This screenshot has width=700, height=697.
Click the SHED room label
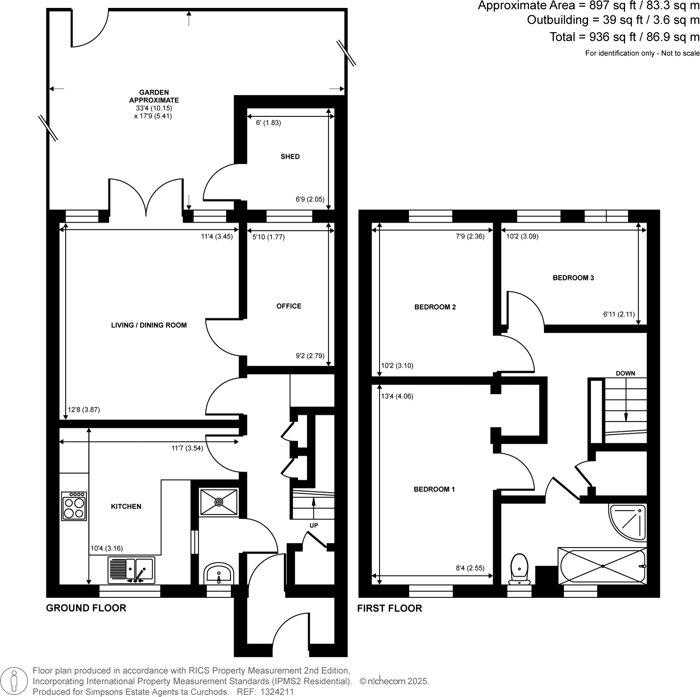(x=290, y=156)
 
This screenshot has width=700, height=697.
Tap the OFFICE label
(x=289, y=306)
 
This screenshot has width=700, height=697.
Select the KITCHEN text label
(x=126, y=507)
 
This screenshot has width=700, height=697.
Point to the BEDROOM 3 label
(x=573, y=278)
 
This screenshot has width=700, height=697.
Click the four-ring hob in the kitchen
(x=74, y=506)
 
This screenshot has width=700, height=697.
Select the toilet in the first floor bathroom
(x=519, y=568)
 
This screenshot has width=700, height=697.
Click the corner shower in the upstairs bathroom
(x=629, y=522)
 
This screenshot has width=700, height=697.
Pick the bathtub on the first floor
(x=602, y=566)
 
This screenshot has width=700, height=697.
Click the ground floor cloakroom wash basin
(x=219, y=573)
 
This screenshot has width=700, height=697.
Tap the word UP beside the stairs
(x=313, y=526)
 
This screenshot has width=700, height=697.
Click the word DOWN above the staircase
(x=625, y=374)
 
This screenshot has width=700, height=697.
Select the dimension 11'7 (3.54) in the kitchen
(x=187, y=449)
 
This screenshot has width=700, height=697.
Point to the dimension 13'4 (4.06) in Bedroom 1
(x=397, y=396)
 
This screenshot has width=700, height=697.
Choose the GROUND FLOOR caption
(x=86, y=608)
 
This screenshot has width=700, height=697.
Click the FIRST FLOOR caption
(x=389, y=608)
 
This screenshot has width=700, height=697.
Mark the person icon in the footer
(x=15, y=681)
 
